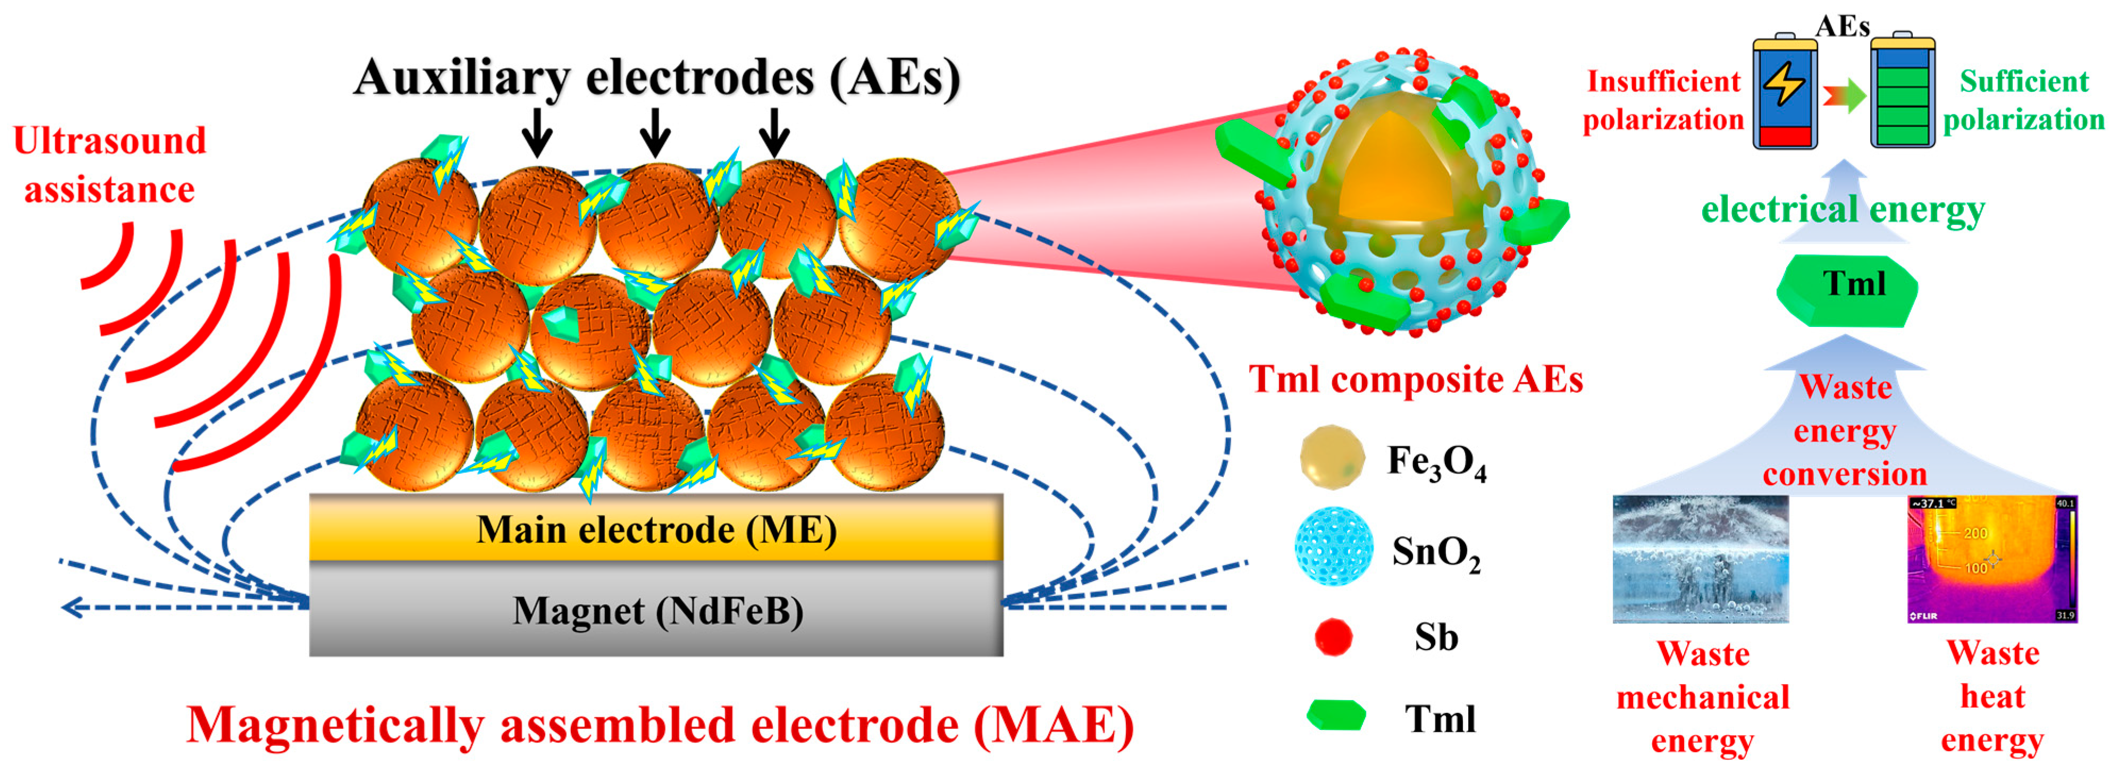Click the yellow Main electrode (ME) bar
point(656,528)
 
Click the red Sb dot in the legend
point(1333,636)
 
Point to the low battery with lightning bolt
point(1784,92)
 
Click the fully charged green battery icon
point(1902,92)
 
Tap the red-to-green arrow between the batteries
point(1844,96)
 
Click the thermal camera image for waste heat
point(1991,558)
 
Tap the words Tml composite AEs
point(1416,380)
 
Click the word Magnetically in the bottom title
point(338,725)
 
